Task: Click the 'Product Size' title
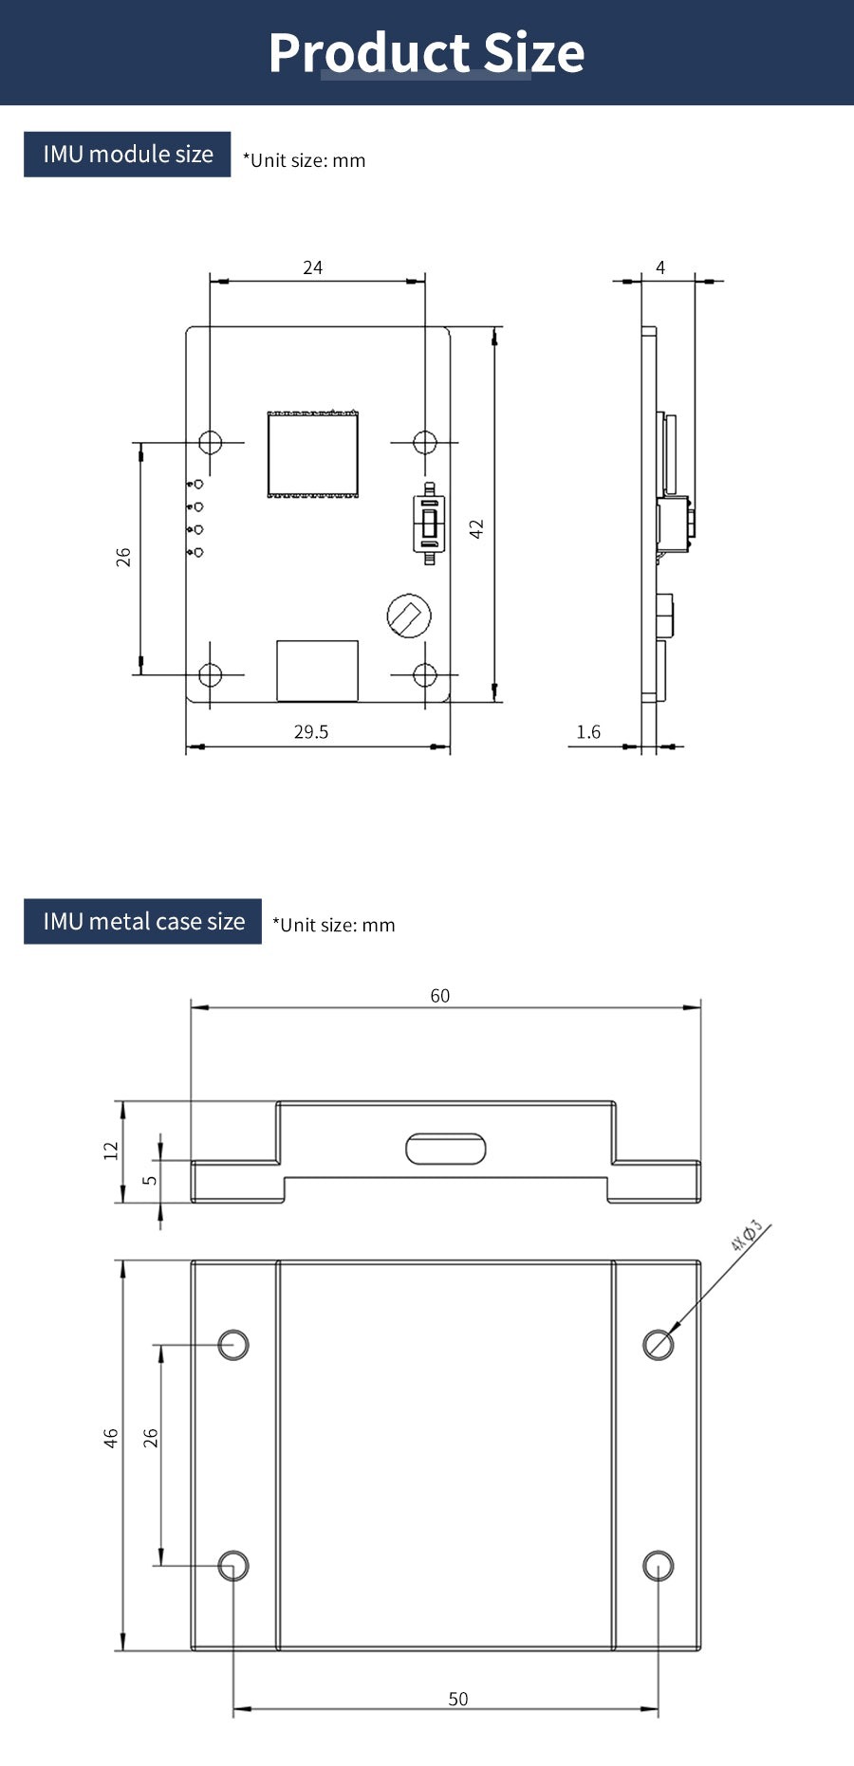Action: pyautogui.click(x=426, y=53)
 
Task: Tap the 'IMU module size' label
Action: pyautogui.click(x=128, y=154)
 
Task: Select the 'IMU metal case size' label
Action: pyautogui.click(x=143, y=921)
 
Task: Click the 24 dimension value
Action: pyautogui.click(x=312, y=267)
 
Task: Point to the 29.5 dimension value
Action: pyautogui.click(x=311, y=731)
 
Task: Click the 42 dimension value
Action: pyautogui.click(x=476, y=528)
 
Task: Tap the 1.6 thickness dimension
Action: pyautogui.click(x=588, y=731)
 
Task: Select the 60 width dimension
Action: pyautogui.click(x=440, y=995)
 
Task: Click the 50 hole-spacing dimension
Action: pyautogui.click(x=458, y=1699)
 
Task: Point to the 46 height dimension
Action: pyautogui.click(x=111, y=1438)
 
